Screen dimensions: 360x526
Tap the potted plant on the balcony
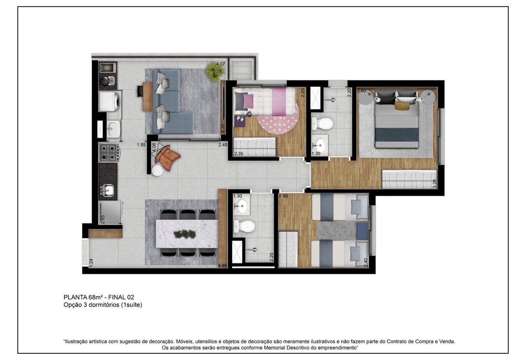[215, 71]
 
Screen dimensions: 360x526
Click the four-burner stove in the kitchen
[109, 152]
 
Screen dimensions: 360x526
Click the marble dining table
[187, 234]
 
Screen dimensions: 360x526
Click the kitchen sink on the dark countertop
[108, 190]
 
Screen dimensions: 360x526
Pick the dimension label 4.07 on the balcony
[220, 64]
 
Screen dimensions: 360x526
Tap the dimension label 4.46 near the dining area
[223, 265]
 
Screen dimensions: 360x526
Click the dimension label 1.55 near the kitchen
[141, 145]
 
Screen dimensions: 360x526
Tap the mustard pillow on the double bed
[402, 106]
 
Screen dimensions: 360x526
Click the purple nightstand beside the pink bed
[239, 121]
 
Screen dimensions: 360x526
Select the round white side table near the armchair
[157, 170]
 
